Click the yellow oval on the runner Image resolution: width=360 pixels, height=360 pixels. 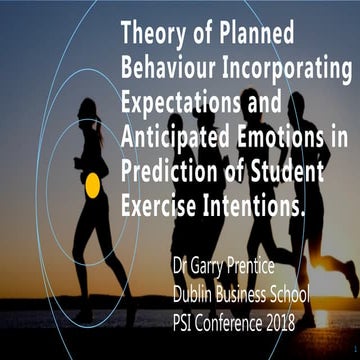tap(92, 184)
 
